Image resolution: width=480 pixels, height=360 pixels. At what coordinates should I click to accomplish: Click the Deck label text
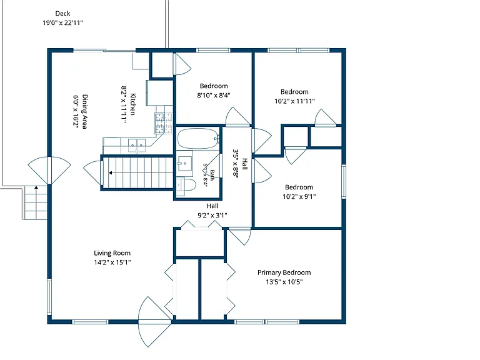[62, 14]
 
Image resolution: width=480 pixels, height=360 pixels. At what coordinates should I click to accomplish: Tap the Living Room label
[112, 253]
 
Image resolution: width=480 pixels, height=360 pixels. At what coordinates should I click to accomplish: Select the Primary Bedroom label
[284, 272]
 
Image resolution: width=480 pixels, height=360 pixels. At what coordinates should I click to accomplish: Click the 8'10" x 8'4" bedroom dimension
[214, 95]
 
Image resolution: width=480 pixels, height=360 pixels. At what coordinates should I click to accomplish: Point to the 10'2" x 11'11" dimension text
[294, 101]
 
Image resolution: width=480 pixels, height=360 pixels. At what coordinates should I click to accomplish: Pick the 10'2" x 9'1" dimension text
[299, 196]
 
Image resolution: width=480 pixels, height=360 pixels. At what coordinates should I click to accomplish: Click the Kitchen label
[133, 104]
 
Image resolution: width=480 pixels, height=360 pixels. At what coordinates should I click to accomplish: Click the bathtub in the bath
[198, 138]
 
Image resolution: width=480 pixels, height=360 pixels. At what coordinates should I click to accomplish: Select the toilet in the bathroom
[186, 185]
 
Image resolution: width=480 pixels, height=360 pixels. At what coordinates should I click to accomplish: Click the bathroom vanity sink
[184, 164]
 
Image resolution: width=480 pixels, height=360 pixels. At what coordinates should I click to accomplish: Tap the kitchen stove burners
[164, 123]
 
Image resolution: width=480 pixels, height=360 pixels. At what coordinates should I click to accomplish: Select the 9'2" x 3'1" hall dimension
[212, 215]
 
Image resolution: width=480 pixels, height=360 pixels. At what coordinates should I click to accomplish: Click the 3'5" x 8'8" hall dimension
[236, 164]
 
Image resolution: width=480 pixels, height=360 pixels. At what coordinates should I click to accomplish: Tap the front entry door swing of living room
[154, 321]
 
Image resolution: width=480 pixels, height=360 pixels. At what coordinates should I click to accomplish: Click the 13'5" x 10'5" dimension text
[284, 282]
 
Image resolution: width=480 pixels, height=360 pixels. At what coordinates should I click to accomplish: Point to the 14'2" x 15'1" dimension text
[112, 262]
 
